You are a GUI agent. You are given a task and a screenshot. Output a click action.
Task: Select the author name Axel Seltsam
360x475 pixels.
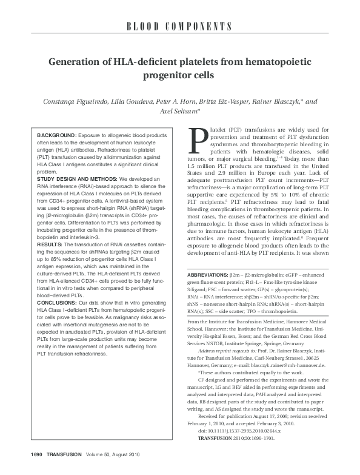(x=180, y=112)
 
